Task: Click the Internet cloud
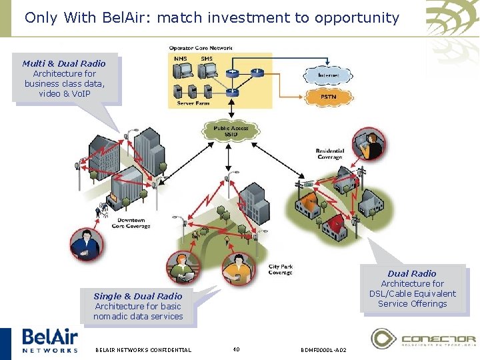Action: [x=329, y=75]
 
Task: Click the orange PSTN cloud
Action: [x=329, y=97]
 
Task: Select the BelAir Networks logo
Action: [x=50, y=340]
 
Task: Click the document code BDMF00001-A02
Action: [x=323, y=349]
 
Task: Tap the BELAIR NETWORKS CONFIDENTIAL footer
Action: [x=143, y=349]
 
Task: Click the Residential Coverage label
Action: [x=329, y=153]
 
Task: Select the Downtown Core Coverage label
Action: [x=131, y=223]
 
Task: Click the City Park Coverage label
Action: [x=280, y=269]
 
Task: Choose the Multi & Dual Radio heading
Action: [x=64, y=63]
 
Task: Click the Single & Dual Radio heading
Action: [x=138, y=296]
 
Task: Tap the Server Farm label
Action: [x=193, y=103]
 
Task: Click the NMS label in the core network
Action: [x=181, y=59]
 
